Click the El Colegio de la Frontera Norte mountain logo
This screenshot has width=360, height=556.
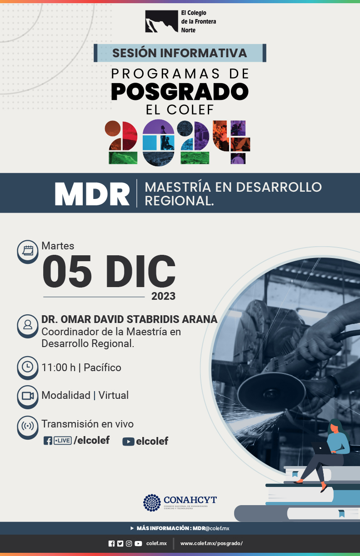tap(161, 21)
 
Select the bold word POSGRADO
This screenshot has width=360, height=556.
tap(180, 91)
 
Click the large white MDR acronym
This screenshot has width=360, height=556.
tap(92, 194)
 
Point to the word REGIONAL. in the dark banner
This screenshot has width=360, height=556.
tap(179, 201)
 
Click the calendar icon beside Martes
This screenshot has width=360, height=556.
tap(28, 251)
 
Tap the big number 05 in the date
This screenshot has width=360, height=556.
tap(67, 271)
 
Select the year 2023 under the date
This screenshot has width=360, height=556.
tap(164, 296)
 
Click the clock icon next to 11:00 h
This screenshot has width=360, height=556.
tap(28, 367)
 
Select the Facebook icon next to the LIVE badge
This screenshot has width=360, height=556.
tap(48, 441)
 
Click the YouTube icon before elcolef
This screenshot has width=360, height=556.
tap(129, 442)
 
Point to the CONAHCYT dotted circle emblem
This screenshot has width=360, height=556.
tap(152, 503)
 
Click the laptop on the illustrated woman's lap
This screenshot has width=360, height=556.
tap(321, 447)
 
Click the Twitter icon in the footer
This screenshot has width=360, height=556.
tap(120, 544)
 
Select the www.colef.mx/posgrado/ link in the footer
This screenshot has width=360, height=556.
tap(211, 544)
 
